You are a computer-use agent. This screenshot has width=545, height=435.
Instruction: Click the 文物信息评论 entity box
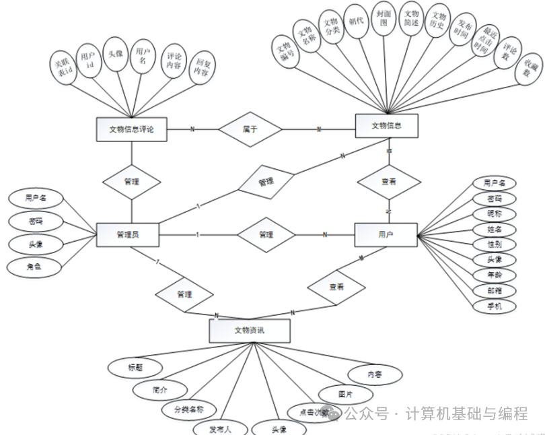[x=131, y=129]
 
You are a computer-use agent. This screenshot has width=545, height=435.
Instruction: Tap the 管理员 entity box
[x=128, y=234]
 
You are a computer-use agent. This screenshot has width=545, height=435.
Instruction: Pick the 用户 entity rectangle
[x=386, y=234]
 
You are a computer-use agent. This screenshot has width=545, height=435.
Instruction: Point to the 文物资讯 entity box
[x=250, y=331]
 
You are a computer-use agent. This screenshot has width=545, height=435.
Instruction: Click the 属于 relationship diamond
[x=249, y=128]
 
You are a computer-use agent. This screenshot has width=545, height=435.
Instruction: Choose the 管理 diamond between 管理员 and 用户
[x=266, y=234]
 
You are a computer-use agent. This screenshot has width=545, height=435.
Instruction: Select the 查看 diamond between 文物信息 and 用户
[x=388, y=182]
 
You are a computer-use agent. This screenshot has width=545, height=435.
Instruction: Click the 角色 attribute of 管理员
[x=34, y=267]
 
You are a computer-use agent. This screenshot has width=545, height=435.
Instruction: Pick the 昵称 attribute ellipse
[x=494, y=214]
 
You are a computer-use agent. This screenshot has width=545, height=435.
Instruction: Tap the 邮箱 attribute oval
[x=494, y=291]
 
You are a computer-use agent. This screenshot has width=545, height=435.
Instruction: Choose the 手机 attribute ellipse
[x=494, y=306]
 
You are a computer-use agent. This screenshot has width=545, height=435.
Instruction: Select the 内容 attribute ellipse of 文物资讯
[x=374, y=373]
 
